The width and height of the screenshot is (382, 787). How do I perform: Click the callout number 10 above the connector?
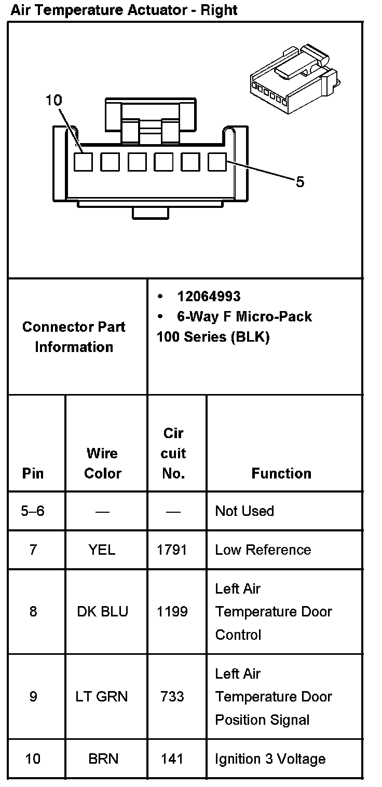click(53, 100)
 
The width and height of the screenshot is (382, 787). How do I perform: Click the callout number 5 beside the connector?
click(300, 182)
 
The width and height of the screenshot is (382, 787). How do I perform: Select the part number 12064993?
click(209, 296)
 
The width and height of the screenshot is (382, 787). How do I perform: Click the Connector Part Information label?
click(74, 337)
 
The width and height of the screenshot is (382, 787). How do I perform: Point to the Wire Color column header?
click(103, 463)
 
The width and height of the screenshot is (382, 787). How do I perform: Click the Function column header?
click(281, 473)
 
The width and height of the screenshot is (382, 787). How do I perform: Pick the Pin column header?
click(33, 473)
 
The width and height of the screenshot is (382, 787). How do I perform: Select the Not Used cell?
click(244, 511)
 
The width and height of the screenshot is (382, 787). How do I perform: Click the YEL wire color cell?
click(102, 550)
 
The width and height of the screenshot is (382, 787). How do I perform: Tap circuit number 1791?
click(172, 550)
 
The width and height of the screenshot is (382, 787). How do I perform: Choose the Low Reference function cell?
click(263, 550)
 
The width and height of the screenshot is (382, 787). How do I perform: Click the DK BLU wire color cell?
click(102, 612)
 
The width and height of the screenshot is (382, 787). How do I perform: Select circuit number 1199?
click(172, 612)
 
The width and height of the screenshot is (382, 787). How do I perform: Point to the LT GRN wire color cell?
click(102, 697)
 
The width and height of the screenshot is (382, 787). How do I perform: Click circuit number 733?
click(172, 697)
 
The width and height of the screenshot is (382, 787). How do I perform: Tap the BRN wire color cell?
click(103, 759)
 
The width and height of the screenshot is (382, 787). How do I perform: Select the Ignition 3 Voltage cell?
click(270, 759)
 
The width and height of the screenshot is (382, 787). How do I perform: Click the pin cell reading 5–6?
click(33, 511)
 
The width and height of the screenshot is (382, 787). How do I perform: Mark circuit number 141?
click(172, 759)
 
